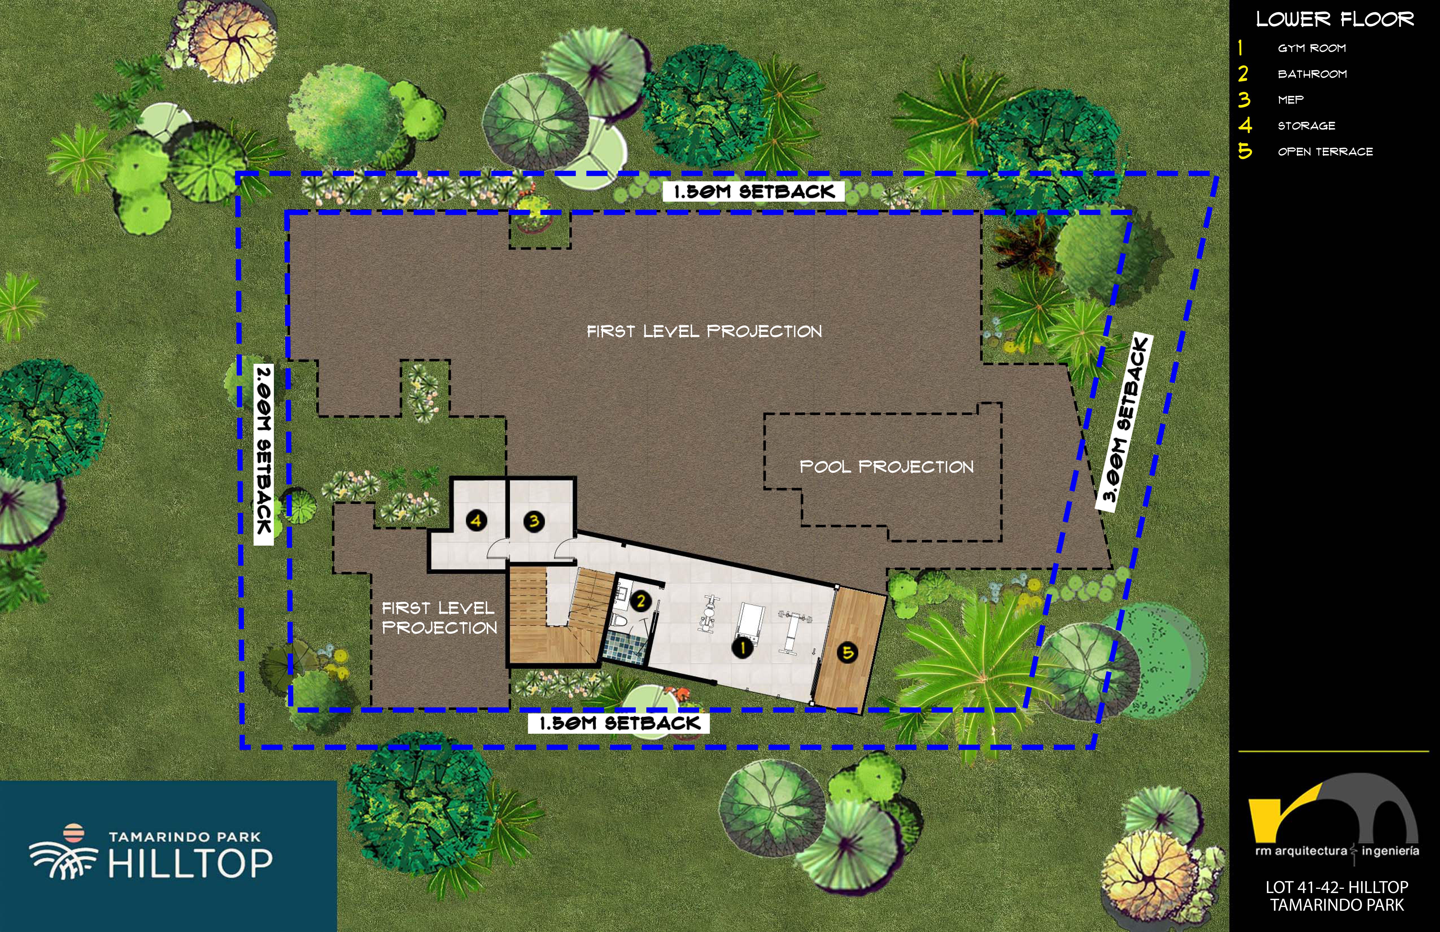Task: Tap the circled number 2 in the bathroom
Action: click(640, 601)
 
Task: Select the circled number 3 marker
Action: click(534, 521)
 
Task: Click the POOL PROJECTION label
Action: click(886, 467)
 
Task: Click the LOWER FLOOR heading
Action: click(1335, 19)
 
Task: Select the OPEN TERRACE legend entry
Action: click(1325, 152)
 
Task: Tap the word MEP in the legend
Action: click(1291, 100)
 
